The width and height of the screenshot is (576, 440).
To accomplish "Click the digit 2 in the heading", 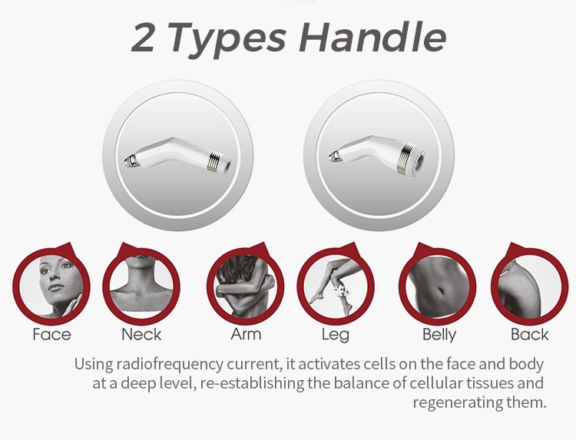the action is click(143, 38).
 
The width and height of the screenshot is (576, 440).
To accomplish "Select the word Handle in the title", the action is click(372, 38).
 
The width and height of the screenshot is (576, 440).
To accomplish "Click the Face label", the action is click(51, 334).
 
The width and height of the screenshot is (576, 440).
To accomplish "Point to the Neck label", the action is click(141, 334).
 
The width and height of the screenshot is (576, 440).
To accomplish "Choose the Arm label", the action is click(246, 334).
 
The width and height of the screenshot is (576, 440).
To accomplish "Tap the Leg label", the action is click(336, 335).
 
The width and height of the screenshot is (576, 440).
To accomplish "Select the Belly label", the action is click(439, 335).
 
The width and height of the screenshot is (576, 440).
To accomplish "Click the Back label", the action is click(529, 334).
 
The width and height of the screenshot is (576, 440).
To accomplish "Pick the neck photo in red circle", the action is click(141, 286).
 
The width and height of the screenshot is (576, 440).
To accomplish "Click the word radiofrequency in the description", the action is click(170, 364).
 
